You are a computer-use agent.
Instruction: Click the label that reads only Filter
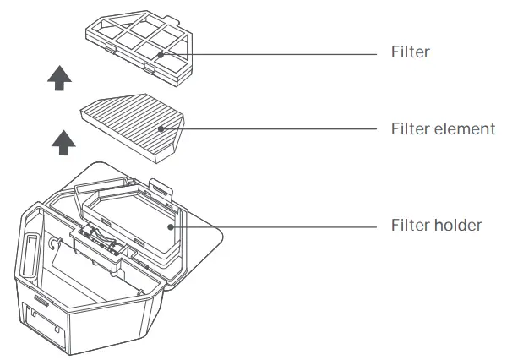(411, 52)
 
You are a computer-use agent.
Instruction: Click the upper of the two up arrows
(59, 79)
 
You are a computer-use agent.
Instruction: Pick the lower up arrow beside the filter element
(59, 141)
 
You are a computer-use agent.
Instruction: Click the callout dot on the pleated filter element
(161, 129)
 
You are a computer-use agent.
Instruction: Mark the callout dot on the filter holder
(171, 226)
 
